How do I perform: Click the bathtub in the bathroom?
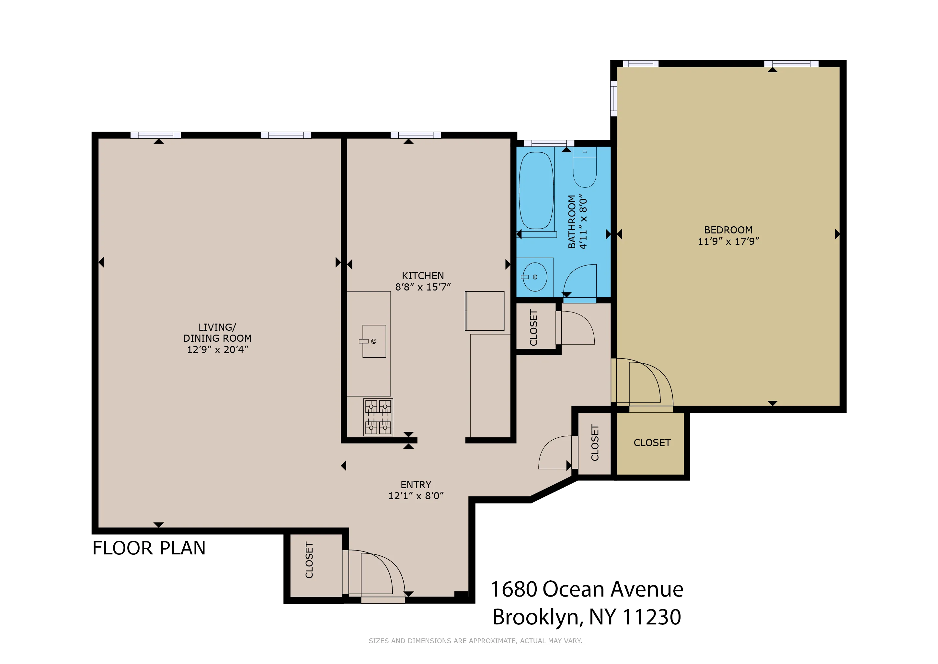(536, 191)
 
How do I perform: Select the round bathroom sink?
(535, 277)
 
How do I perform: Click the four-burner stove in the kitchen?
(378, 417)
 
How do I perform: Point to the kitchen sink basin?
(374, 341)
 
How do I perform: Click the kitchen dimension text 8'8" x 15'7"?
(423, 287)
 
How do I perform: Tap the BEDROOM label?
(728, 230)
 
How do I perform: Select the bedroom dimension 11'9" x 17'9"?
(728, 241)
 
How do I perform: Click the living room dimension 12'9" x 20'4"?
(217, 350)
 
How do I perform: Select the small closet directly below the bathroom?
(535, 327)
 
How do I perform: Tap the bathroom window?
(549, 143)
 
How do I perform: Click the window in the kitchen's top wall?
(416, 135)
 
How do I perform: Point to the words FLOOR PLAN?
(149, 548)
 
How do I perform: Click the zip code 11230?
(652, 617)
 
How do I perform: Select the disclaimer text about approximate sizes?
(475, 641)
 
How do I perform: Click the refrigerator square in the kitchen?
(485, 311)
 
